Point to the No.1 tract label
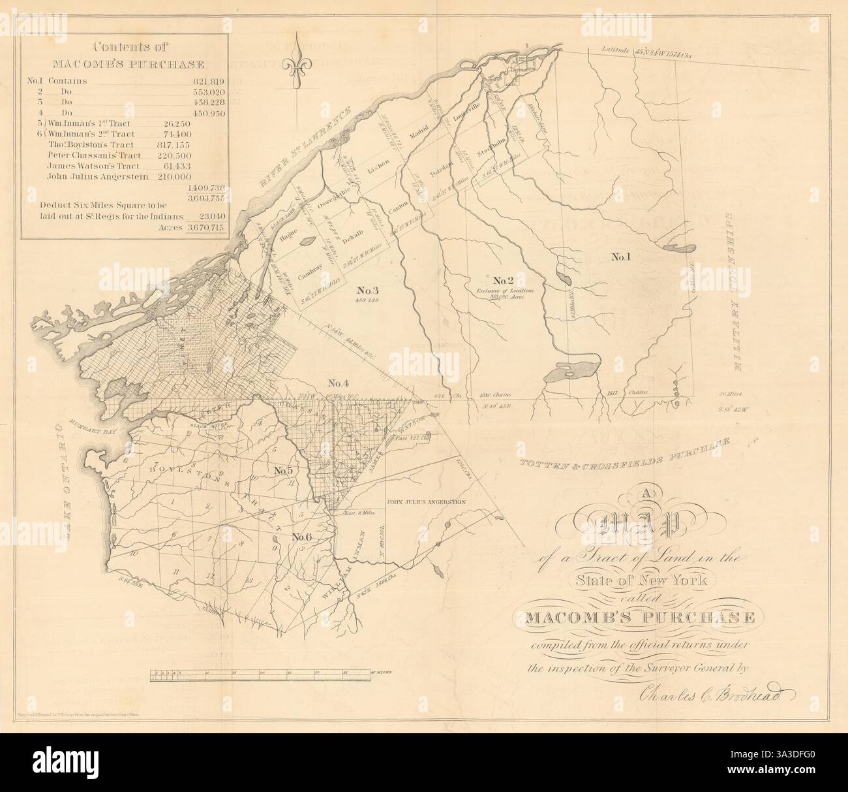pos(620,257)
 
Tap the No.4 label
pos(340,383)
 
